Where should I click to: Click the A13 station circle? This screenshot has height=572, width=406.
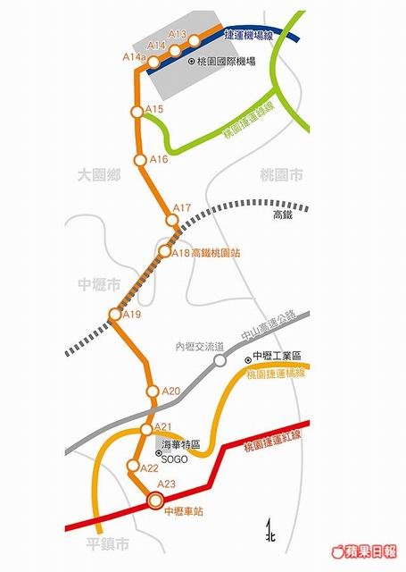point(195,41)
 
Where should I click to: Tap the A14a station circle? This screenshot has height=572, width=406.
point(153,63)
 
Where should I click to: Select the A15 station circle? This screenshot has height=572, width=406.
point(137,112)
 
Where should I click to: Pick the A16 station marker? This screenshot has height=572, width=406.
point(140,160)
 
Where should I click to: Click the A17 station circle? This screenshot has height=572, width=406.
point(172,221)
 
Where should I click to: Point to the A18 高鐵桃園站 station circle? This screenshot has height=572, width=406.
point(164,251)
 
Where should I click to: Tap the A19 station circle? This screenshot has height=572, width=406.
point(115,314)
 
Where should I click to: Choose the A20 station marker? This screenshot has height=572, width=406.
point(153,391)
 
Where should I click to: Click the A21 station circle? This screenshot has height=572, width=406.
point(146,430)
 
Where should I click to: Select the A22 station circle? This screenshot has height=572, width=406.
point(133,466)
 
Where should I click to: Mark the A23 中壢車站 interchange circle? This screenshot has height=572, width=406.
point(155,500)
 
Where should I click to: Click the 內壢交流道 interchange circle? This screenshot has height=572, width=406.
point(220,361)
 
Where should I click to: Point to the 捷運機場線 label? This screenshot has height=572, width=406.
point(249,35)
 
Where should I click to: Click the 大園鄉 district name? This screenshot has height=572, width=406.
point(99,175)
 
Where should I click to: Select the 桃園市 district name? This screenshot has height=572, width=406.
point(281,175)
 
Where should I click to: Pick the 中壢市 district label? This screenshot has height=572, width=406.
point(99,284)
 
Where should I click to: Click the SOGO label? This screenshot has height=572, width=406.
point(174,459)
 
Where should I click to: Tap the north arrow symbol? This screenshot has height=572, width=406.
point(269,531)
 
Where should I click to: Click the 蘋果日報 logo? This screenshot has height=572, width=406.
point(364,551)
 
